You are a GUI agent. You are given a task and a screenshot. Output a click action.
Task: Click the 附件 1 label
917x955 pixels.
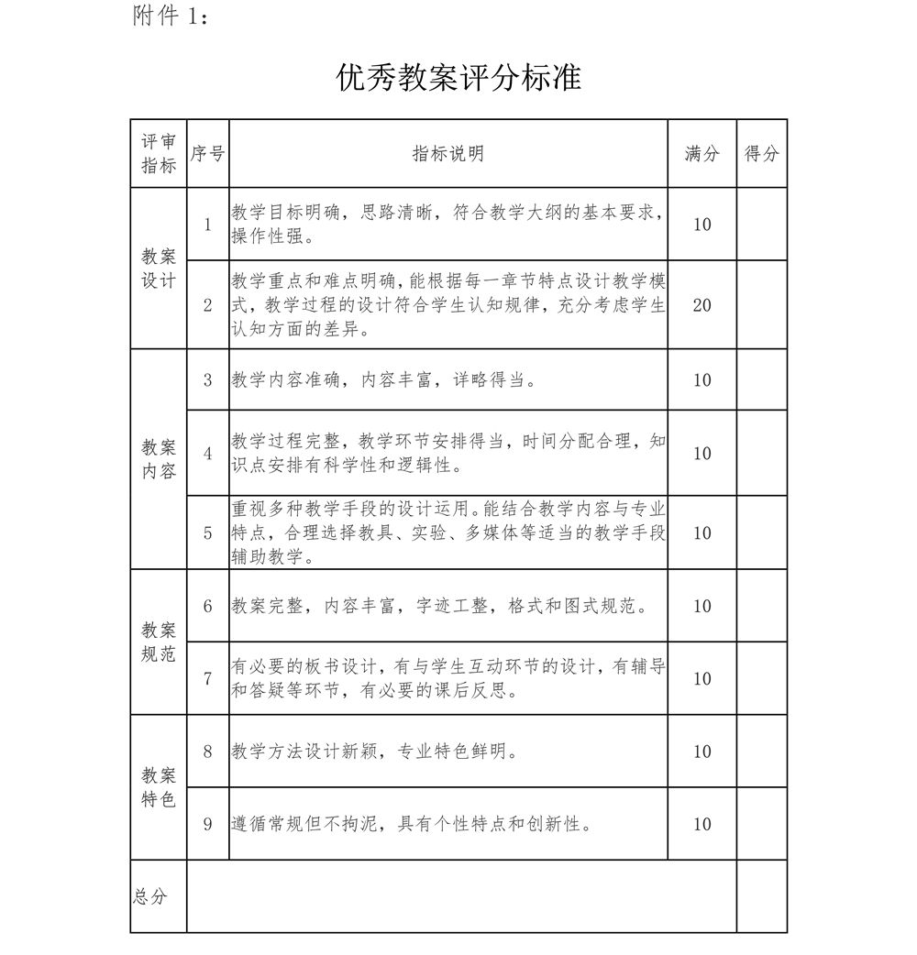(171, 16)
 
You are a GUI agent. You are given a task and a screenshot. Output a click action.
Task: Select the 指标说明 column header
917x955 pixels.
(447, 154)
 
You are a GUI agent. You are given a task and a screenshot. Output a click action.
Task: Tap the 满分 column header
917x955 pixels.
(702, 154)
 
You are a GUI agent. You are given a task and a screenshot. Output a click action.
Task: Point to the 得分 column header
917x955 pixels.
(761, 154)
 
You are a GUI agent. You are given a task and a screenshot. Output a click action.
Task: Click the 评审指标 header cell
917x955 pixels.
(159, 154)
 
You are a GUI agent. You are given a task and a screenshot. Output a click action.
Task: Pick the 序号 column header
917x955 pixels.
(207, 154)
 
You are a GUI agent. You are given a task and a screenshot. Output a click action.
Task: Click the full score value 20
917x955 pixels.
(702, 305)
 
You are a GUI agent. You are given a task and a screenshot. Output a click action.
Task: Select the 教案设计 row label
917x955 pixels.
(159, 269)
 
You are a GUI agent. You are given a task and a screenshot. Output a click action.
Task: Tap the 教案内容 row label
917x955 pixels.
(159, 459)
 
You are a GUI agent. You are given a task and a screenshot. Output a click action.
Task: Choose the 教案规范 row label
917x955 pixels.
(159, 642)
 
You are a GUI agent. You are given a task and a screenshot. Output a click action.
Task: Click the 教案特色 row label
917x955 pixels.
(159, 787)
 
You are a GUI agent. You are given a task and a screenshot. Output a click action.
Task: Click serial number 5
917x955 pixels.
(208, 532)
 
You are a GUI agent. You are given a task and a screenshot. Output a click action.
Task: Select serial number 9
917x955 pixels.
(208, 824)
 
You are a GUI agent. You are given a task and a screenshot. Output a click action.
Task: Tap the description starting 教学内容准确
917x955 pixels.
(383, 380)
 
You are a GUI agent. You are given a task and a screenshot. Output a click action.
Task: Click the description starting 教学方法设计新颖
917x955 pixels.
(374, 752)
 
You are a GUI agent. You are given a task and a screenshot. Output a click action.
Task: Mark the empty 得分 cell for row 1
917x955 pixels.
(761, 225)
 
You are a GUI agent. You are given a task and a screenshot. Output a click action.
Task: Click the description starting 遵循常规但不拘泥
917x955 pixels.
(411, 824)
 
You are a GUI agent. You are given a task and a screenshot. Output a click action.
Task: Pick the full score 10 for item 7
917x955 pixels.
(702, 678)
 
